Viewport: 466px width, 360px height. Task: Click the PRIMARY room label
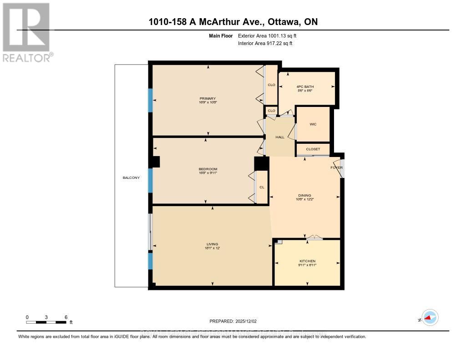coord(207,98)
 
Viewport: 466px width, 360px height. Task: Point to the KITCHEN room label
coord(307,261)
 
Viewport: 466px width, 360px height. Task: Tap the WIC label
coord(313,124)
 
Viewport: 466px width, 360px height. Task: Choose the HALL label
coord(280,137)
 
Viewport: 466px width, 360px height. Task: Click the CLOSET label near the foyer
coord(313,149)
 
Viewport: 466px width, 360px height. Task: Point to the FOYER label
coord(336,167)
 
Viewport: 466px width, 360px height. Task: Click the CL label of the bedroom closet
coord(262,187)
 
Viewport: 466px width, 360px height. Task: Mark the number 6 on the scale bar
coord(66,317)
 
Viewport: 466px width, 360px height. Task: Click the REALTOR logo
coord(27,32)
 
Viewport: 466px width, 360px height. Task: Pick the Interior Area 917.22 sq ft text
coord(265,44)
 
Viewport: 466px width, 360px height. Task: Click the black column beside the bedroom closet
coord(261,163)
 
